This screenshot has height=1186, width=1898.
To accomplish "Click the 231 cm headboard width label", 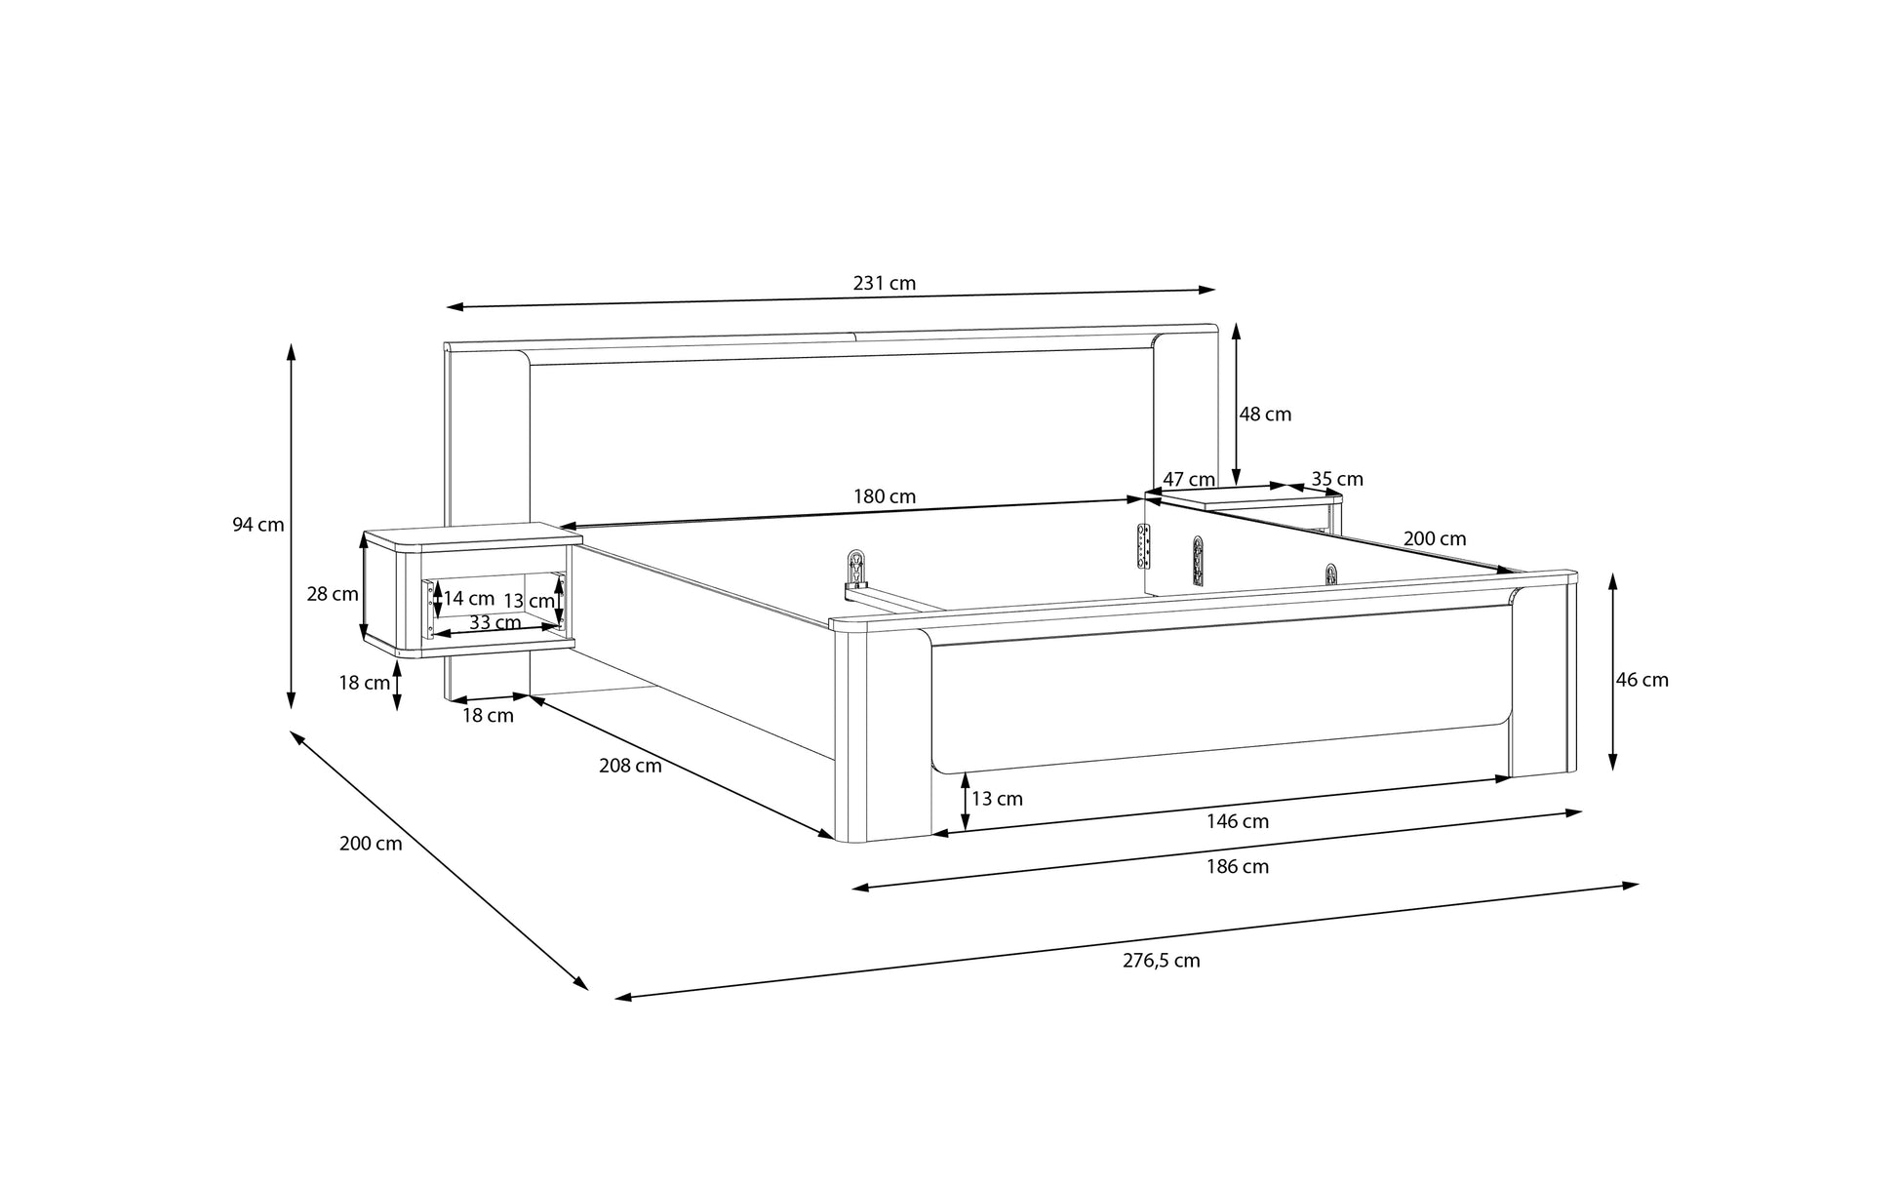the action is (885, 284).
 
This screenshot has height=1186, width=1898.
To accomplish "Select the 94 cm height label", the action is (258, 525).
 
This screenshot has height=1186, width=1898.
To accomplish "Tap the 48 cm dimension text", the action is (1265, 415).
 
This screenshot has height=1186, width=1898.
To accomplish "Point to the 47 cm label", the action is (1189, 480).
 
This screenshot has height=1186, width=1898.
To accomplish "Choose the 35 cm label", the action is (1337, 479).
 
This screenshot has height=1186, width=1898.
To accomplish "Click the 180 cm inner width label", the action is (885, 496).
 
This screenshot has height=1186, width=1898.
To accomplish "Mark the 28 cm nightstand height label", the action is (333, 593).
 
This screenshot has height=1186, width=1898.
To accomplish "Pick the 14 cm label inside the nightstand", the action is (469, 599).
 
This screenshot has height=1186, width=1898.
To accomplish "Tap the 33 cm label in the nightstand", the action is (494, 622).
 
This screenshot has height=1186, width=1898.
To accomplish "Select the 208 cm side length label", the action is (630, 766).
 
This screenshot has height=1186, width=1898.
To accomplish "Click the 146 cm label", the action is (1238, 821).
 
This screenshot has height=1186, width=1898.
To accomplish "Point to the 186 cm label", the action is (1238, 866).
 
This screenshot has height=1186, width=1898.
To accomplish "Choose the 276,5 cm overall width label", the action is (1162, 961).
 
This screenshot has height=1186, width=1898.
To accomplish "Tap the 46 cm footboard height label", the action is (1642, 680).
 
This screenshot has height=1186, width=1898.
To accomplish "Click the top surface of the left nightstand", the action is (473, 536).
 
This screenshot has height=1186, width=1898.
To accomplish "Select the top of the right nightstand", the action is (1244, 498).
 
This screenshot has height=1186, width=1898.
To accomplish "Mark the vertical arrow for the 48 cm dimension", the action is (1236, 405).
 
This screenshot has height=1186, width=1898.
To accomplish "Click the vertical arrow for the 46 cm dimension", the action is (1612, 672).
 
